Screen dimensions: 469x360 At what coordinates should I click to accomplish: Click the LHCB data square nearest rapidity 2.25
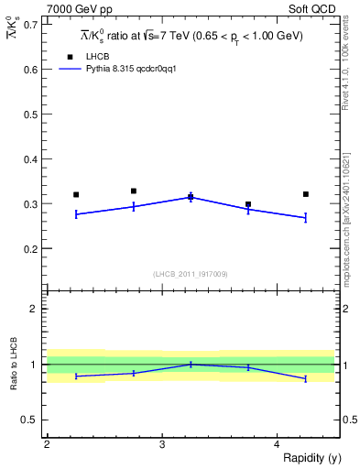(x=76, y=194)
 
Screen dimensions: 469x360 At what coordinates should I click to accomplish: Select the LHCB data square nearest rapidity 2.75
(x=134, y=191)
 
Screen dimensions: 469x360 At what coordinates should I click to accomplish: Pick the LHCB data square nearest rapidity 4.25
(x=305, y=194)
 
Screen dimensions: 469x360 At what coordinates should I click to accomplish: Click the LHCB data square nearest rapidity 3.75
(x=248, y=205)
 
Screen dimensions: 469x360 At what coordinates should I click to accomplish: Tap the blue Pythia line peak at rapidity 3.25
(x=191, y=197)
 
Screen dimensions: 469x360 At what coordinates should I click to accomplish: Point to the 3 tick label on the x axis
(x=162, y=444)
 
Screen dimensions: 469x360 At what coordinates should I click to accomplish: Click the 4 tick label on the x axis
(x=277, y=444)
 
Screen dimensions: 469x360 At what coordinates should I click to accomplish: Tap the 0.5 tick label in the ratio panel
(x=29, y=420)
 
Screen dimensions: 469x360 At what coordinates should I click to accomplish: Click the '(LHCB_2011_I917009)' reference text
(x=191, y=274)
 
